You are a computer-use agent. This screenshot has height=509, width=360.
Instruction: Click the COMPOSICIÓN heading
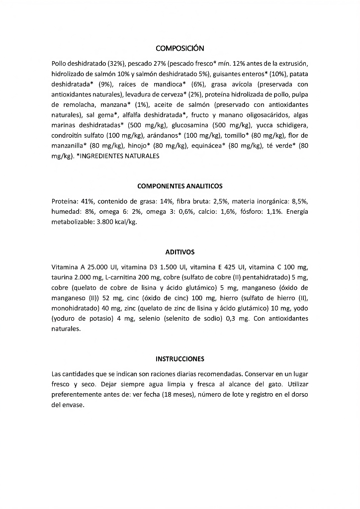point(180,48)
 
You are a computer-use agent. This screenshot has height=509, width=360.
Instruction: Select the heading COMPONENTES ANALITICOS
point(180,186)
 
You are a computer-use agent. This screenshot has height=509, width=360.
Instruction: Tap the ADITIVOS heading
point(180,252)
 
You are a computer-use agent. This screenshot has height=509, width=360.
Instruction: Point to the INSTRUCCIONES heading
point(180,358)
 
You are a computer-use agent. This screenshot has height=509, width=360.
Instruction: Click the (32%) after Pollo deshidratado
point(117,64)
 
